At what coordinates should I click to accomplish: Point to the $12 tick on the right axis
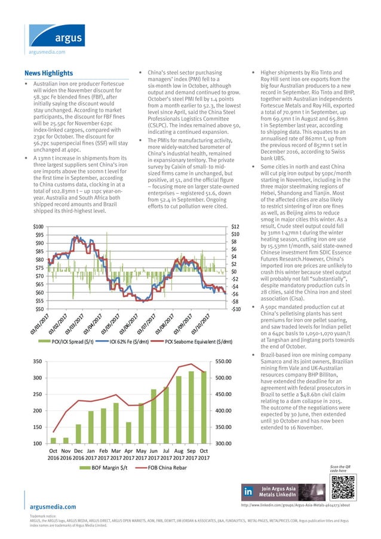click(235, 226)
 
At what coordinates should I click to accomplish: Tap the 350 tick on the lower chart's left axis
click(37, 362)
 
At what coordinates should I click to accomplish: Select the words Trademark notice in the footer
click(42, 516)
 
